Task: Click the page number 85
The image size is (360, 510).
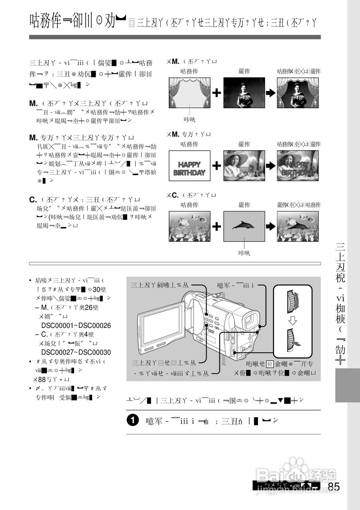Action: pyautogui.click(x=334, y=486)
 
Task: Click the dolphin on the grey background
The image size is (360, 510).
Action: pyautogui.click(x=244, y=226)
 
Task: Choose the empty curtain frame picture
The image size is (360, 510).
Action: pyautogui.click(x=189, y=92)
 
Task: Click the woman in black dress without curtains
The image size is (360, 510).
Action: pyautogui.click(x=244, y=92)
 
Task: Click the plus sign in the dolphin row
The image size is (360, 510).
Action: pyautogui.click(x=216, y=226)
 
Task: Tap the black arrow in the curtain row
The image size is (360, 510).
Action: pyautogui.click(x=271, y=93)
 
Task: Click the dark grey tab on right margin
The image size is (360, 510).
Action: pyautogui.click(x=347, y=385)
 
